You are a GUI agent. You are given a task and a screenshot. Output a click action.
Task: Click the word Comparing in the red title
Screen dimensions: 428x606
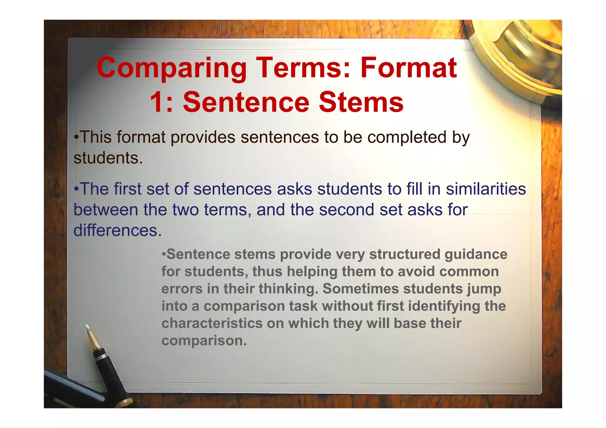(x=172, y=69)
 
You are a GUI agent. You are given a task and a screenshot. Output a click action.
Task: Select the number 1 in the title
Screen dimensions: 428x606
(x=157, y=102)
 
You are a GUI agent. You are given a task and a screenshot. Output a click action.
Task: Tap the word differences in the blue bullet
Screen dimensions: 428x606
(x=117, y=230)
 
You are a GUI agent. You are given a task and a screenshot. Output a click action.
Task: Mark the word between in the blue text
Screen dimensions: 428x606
(x=106, y=210)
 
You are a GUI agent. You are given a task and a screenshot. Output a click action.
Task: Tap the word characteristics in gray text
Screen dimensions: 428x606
(x=212, y=323)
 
